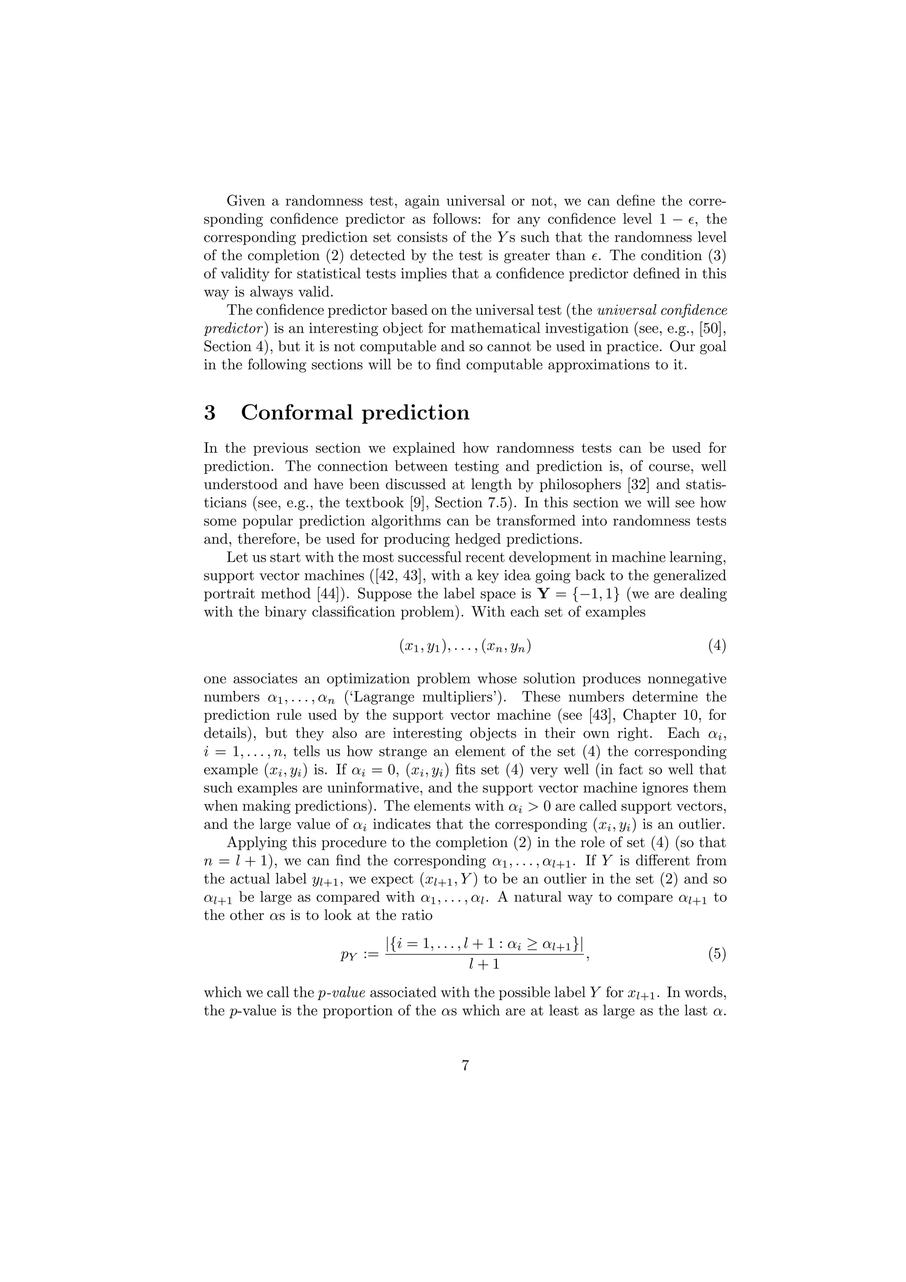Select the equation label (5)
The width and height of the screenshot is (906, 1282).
(x=717, y=954)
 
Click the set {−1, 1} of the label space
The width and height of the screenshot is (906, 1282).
(x=589, y=594)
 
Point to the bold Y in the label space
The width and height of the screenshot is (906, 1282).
(x=542, y=594)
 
